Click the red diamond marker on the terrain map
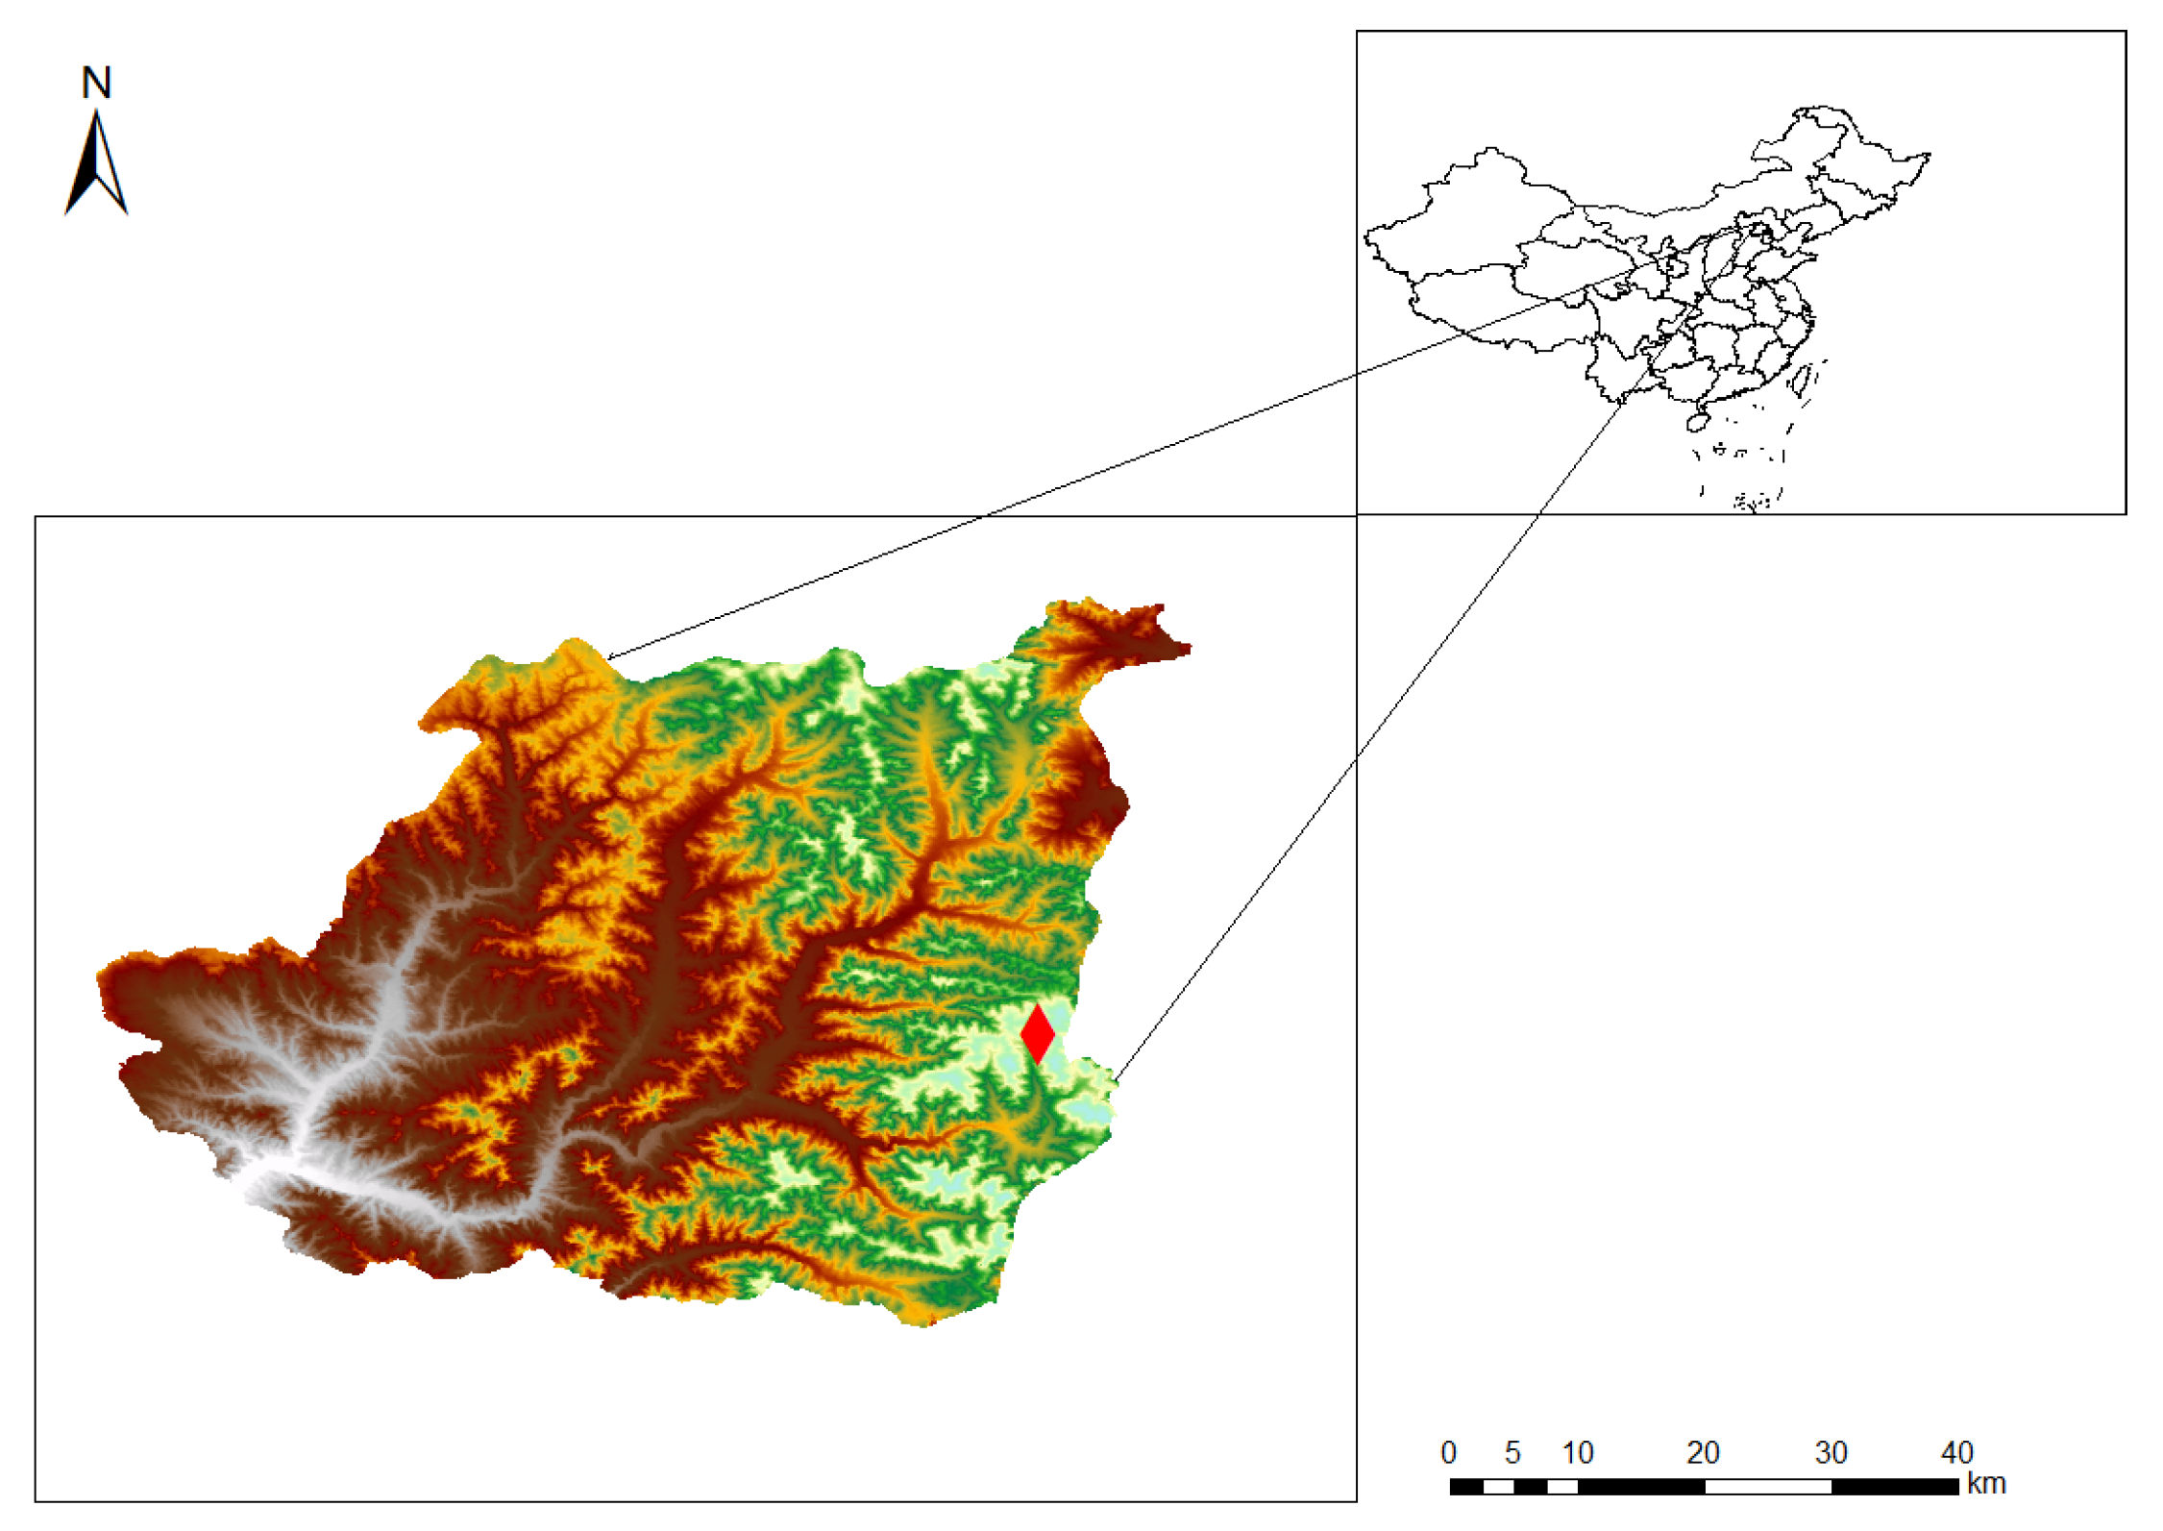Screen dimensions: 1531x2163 (x=1037, y=1033)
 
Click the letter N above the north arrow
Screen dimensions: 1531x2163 (x=96, y=84)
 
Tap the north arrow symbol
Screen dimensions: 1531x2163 (x=96, y=163)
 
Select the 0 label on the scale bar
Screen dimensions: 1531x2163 (x=1448, y=1452)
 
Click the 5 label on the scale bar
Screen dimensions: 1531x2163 (x=1512, y=1452)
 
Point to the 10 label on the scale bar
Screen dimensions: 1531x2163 (x=1577, y=1452)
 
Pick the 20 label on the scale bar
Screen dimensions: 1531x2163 (x=1703, y=1452)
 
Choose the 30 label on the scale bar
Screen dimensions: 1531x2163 (x=1831, y=1452)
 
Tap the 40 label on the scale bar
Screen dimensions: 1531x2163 (x=1956, y=1452)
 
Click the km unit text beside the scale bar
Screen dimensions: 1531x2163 (x=1986, y=1483)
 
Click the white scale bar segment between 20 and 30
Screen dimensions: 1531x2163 (x=1768, y=1487)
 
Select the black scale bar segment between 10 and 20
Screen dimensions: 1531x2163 (x=1641, y=1487)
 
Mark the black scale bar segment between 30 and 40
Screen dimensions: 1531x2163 (x=1895, y=1487)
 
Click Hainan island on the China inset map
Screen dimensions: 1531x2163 (x=1698, y=421)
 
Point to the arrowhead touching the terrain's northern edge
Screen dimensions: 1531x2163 (x=611, y=657)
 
